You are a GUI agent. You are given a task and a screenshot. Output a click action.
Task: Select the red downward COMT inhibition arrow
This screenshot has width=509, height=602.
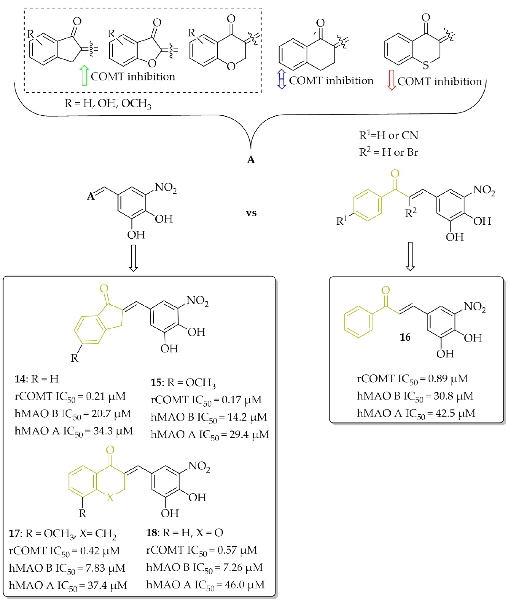coord(391,80)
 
